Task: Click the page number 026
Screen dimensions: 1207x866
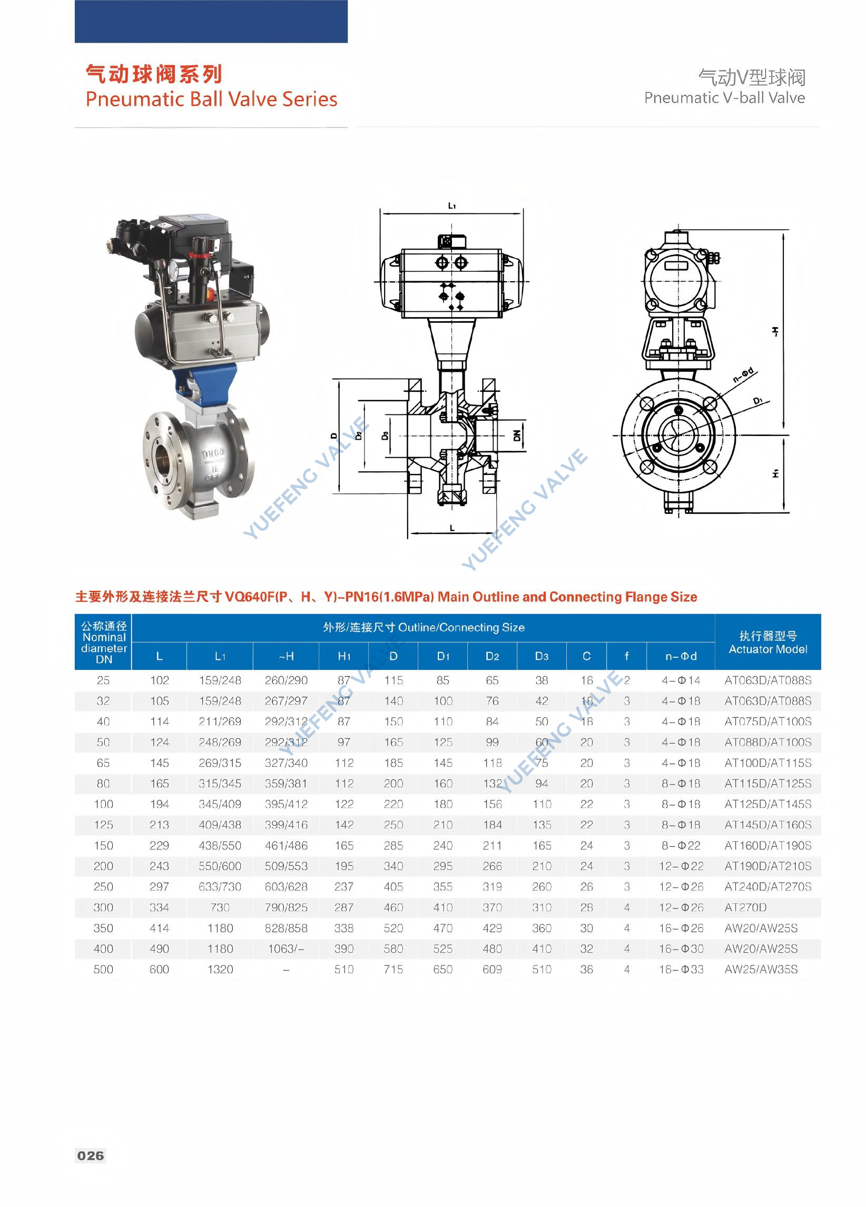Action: pos(91,1155)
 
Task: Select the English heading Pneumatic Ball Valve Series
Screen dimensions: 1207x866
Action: pos(211,100)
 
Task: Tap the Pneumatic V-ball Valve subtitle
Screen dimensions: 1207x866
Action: pos(724,98)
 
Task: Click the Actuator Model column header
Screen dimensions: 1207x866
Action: pos(767,642)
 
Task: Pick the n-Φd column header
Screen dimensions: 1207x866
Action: pos(681,656)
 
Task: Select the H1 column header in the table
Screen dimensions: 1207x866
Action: pos(344,656)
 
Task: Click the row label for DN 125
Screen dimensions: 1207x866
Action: pos(103,825)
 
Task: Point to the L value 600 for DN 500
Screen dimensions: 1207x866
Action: pos(159,969)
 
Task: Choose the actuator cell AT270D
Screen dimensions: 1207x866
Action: pos(745,907)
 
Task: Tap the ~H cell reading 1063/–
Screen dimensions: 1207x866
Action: pos(286,948)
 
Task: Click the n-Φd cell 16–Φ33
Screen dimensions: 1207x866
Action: pos(681,969)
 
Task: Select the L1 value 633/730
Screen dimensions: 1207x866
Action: pos(220,887)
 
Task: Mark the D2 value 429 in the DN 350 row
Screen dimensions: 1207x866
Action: pos(492,928)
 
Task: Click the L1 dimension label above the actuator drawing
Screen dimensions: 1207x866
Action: pos(451,206)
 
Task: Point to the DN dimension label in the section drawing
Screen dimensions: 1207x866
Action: pos(517,436)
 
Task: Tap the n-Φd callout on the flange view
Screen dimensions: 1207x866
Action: pos(743,374)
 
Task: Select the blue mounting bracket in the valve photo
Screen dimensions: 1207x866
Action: pos(213,383)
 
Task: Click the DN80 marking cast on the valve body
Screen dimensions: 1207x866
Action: pos(213,453)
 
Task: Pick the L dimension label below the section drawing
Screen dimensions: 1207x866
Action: pos(452,528)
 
